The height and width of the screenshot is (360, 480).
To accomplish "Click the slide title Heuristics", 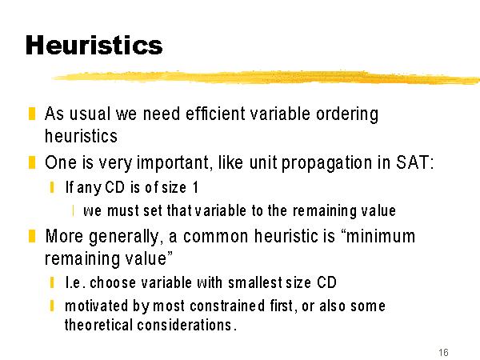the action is (x=94, y=45).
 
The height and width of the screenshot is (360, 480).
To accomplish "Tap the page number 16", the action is (x=443, y=352).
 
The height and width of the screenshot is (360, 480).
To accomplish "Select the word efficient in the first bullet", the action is (x=215, y=114).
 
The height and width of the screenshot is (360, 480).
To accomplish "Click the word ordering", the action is (x=347, y=114).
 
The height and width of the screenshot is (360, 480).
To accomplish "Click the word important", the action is (x=173, y=163).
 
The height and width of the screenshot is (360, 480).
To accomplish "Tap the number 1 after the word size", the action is (x=196, y=187).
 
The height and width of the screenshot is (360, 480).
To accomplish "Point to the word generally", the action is (x=124, y=237).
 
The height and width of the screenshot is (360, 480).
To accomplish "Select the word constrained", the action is (x=227, y=306).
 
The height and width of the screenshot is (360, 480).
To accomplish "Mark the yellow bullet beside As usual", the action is (x=32, y=114).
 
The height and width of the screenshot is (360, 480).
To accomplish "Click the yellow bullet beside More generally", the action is (x=32, y=236).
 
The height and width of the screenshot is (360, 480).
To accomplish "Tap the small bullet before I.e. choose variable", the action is (x=52, y=282).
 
